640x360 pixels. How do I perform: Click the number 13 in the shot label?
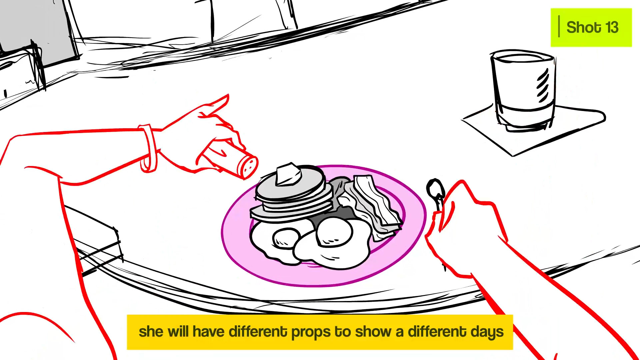612,27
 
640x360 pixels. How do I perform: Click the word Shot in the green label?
584,27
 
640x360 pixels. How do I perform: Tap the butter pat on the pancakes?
288,174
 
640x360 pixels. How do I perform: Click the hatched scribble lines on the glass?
543,85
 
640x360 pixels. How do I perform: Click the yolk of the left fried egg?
286,238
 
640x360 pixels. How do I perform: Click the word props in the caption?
311,332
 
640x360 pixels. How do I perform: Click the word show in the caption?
373,332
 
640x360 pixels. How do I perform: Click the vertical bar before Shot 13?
559,26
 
